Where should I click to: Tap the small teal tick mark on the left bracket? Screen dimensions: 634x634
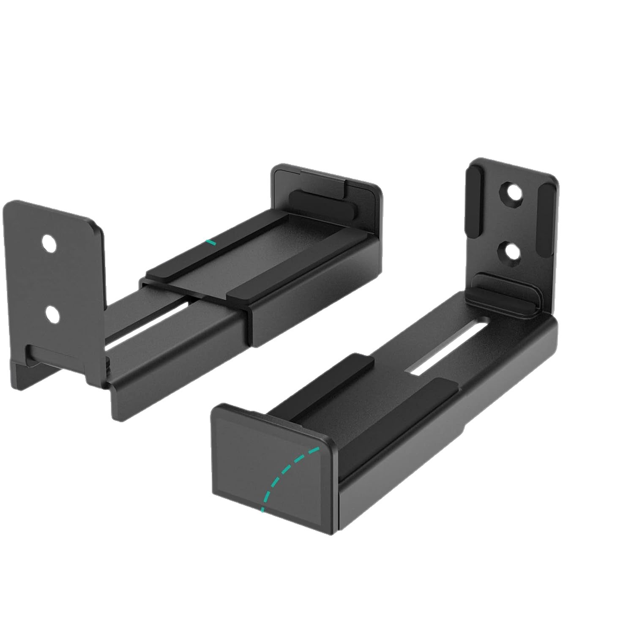click(x=210, y=242)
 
